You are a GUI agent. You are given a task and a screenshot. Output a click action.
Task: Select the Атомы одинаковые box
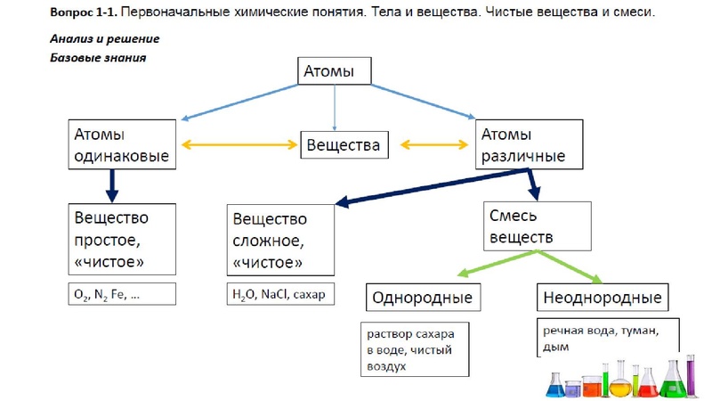[x=119, y=145]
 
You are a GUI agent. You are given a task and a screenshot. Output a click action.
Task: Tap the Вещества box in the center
[x=344, y=145]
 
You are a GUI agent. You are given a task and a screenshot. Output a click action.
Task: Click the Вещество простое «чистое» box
[x=122, y=239]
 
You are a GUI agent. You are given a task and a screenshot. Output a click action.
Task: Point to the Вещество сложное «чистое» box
[x=280, y=240]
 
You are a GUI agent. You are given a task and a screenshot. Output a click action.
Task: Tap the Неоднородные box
[x=603, y=297]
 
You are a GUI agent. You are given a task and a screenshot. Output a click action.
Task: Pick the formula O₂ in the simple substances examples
[x=83, y=294]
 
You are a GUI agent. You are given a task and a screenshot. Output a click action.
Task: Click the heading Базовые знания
[x=98, y=57]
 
